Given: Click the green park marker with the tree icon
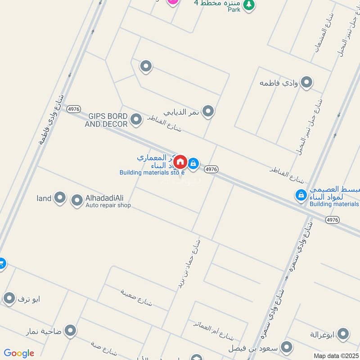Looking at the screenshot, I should [x=248, y=5].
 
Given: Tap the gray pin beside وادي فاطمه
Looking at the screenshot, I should [x=307, y=82].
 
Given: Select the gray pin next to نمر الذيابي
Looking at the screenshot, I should [x=208, y=111].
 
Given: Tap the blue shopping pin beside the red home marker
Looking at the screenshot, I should [x=193, y=163].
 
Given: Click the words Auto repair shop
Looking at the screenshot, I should [x=108, y=206].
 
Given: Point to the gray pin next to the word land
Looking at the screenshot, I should [x=59, y=198].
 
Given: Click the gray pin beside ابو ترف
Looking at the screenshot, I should [x=9, y=298].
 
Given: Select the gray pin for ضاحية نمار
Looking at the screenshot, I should [x=70, y=331].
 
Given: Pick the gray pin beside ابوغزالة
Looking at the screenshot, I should [x=343, y=334].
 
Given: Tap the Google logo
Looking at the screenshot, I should [x=19, y=353].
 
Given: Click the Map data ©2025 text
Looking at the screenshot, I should [x=336, y=356].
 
